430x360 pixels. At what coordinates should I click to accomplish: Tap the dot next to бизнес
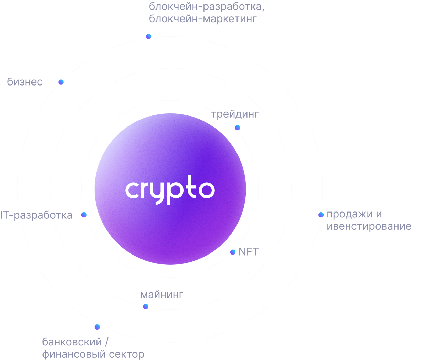click(61, 82)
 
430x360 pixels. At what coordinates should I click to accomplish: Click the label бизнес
click(25, 82)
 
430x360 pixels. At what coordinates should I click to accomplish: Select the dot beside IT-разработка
click(84, 215)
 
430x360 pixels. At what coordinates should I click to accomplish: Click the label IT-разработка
click(36, 215)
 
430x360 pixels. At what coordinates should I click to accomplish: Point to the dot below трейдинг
click(238, 128)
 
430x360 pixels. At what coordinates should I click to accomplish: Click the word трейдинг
click(235, 114)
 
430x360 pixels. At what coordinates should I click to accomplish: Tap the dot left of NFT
click(233, 252)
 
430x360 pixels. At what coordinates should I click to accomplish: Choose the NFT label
click(249, 252)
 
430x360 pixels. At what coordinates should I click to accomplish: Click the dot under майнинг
click(146, 306)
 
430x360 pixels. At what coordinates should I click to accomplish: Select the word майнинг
click(162, 295)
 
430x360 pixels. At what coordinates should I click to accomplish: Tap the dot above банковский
click(97, 327)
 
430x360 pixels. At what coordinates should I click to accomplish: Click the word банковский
click(72, 342)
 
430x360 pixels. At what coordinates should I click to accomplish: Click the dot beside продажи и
click(321, 215)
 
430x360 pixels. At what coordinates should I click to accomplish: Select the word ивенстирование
click(369, 226)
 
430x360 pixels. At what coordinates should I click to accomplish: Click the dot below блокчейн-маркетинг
click(149, 37)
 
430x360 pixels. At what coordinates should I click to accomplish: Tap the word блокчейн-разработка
click(206, 7)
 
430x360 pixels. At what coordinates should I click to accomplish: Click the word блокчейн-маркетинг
click(203, 19)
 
